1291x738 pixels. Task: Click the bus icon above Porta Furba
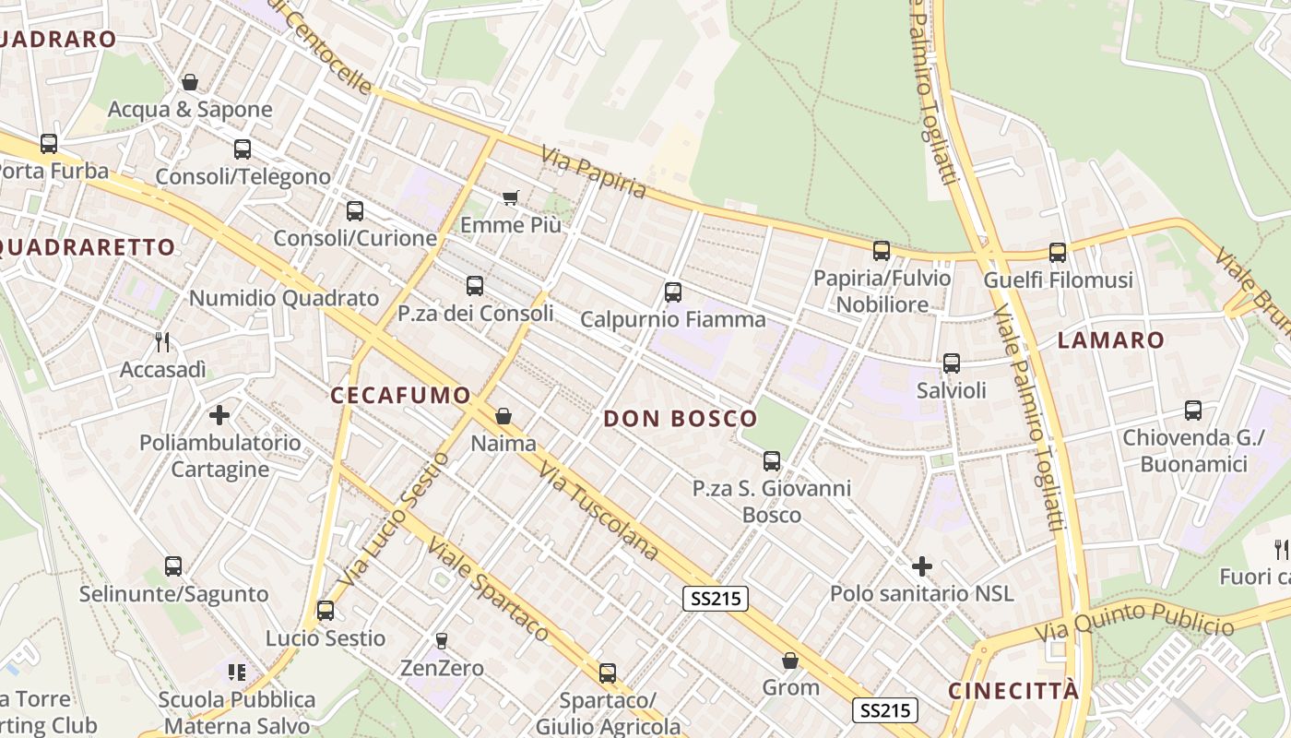point(49,144)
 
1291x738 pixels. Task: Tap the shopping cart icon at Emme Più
point(510,197)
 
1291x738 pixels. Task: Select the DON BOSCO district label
point(680,419)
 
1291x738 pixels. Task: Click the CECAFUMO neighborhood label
point(400,396)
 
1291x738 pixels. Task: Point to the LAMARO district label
point(1110,340)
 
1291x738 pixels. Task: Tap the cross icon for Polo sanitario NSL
point(921,566)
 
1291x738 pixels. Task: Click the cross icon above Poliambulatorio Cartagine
point(219,415)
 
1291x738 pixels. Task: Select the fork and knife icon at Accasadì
point(162,342)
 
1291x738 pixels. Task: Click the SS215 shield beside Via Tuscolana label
point(716,599)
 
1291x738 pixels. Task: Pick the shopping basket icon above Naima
point(503,416)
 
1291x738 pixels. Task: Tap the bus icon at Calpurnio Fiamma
point(672,292)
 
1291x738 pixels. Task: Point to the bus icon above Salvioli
point(951,363)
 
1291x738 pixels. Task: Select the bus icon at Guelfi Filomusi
point(1057,252)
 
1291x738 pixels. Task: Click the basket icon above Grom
point(790,661)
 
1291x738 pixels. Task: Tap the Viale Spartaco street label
point(488,589)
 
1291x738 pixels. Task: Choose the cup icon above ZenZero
point(442,640)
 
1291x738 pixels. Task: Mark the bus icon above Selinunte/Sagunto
point(173,566)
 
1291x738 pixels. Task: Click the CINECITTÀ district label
point(1013,692)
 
